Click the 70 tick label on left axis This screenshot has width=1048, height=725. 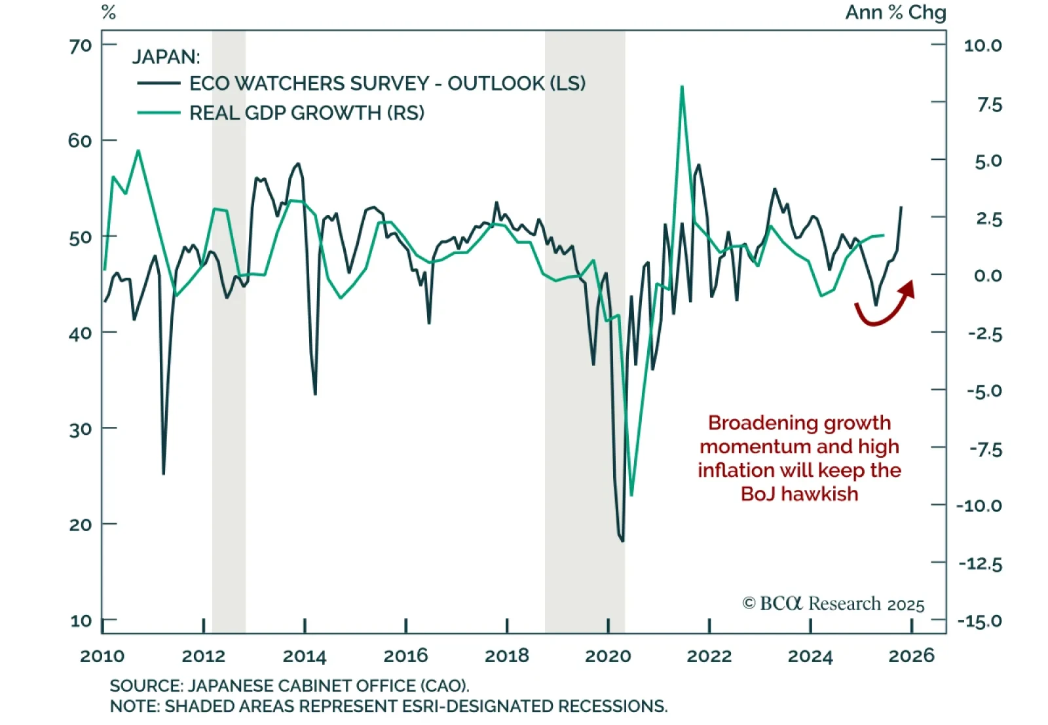click(x=80, y=46)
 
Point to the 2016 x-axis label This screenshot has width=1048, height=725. click(x=405, y=656)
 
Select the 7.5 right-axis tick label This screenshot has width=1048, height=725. click(x=989, y=104)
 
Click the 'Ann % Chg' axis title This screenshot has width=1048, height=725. click(x=895, y=12)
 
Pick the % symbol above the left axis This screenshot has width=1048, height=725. click(x=109, y=12)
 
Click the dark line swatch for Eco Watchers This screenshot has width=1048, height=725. click(x=159, y=83)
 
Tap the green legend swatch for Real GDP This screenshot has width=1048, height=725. click(x=159, y=113)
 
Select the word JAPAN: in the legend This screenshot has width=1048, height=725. click(x=166, y=57)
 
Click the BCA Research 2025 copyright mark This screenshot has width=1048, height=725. click(x=833, y=603)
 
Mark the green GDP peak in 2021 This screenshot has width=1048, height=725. click(x=682, y=86)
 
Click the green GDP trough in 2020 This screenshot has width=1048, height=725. click(x=631, y=495)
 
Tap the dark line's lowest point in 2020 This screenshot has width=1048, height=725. click(x=622, y=541)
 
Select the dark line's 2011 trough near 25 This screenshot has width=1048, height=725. click(x=163, y=473)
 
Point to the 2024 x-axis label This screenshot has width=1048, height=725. click(x=810, y=656)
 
